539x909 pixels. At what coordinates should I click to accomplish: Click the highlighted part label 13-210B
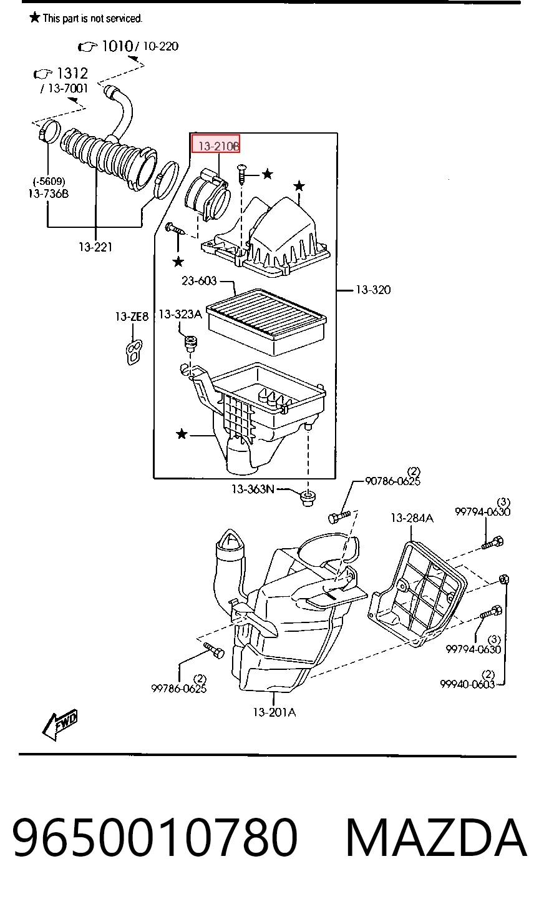point(218,145)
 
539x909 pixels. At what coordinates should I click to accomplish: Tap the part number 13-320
point(373,290)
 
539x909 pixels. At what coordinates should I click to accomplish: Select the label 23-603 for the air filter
point(199,281)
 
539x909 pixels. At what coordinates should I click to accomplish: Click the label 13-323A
point(180,314)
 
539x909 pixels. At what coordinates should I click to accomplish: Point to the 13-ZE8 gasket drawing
point(134,352)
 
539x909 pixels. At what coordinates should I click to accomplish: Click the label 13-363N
point(253,489)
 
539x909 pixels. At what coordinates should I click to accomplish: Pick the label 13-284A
point(412,518)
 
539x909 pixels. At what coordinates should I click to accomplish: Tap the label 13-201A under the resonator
point(274,712)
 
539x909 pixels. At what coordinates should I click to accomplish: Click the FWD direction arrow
point(59,724)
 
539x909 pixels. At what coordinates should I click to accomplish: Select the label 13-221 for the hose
point(95,247)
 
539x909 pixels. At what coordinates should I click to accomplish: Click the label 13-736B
point(49,194)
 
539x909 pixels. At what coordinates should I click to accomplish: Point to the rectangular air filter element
point(266,322)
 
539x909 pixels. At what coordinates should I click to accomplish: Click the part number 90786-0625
point(392,481)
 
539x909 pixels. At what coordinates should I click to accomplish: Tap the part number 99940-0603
point(467,684)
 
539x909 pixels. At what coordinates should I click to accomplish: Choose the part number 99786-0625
point(179,688)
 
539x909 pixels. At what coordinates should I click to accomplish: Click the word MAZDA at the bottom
point(436,838)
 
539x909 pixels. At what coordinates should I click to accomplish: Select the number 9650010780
point(155,838)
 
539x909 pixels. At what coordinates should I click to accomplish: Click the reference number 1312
point(72,73)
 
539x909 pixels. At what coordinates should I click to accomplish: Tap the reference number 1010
point(117,46)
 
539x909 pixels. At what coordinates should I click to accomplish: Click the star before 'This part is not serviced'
point(35,17)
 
